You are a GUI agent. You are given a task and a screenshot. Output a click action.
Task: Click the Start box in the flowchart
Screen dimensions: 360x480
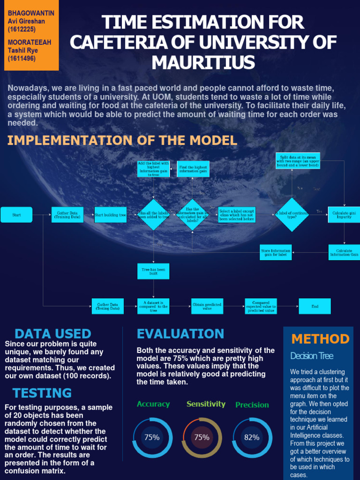[16, 215]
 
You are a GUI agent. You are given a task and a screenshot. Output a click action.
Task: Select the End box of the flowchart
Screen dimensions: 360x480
[315, 307]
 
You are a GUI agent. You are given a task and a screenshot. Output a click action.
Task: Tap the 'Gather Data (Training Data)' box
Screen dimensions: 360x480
[67, 215]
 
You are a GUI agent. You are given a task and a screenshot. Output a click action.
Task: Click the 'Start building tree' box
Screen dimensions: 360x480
[111, 215]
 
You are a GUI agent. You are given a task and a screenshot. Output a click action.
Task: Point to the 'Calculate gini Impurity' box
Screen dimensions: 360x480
[344, 215]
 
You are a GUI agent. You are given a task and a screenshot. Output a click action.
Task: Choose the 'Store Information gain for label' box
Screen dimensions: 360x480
[276, 252]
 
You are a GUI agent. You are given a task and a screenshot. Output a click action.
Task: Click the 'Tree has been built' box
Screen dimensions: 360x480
[153, 271]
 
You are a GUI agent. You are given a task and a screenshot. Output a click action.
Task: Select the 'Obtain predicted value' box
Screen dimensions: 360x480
[207, 307]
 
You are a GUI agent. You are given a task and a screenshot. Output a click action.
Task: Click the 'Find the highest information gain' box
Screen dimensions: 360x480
[193, 169]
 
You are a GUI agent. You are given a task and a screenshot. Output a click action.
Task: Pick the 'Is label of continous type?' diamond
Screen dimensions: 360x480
[292, 215]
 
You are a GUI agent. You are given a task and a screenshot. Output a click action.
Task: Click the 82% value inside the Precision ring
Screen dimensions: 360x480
[252, 437]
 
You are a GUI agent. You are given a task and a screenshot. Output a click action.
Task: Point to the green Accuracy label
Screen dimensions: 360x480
[153, 404]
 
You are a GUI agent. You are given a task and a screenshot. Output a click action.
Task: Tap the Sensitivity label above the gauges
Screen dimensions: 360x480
[206, 404]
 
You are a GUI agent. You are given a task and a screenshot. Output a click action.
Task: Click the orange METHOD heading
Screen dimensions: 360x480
[320, 339]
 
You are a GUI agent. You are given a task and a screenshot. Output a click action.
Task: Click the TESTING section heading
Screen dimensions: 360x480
[42, 393]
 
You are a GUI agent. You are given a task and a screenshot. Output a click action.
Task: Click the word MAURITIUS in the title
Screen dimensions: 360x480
[203, 63]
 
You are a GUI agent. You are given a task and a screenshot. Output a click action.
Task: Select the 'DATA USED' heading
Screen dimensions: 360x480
[53, 334]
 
